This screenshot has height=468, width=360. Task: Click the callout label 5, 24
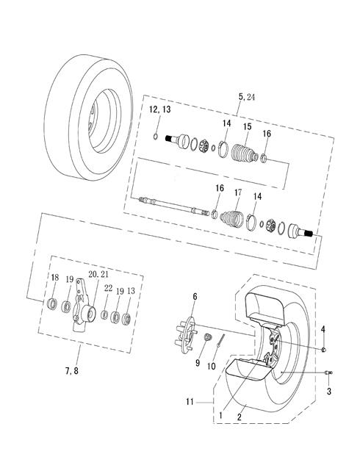coord(247,97)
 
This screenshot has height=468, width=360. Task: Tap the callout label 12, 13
coord(160,109)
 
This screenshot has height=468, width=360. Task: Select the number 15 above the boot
coord(247,126)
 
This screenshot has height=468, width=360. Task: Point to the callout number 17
coord(238,192)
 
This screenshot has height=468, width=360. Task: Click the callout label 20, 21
coord(98,274)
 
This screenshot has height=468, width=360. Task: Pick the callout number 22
coord(108,288)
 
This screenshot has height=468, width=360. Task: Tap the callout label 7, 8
coord(72,371)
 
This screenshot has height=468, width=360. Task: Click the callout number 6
coord(195,297)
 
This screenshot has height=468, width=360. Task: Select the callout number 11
coord(190,402)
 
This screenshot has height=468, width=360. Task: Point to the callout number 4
coord(323,329)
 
